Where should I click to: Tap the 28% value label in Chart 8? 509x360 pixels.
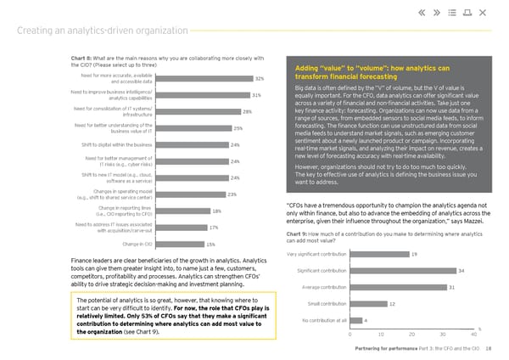tap(247, 111)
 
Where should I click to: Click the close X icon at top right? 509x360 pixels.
tap(482, 12)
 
